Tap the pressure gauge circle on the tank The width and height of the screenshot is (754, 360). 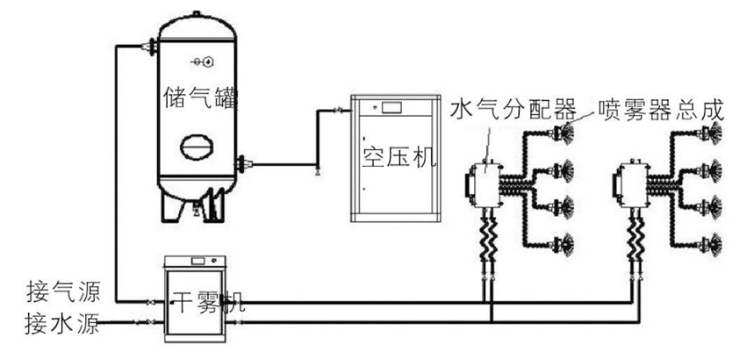(209, 61)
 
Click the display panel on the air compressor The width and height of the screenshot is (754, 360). (391, 108)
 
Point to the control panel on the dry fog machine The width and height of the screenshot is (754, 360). (205, 262)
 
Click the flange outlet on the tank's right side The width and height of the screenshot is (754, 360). (243, 162)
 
